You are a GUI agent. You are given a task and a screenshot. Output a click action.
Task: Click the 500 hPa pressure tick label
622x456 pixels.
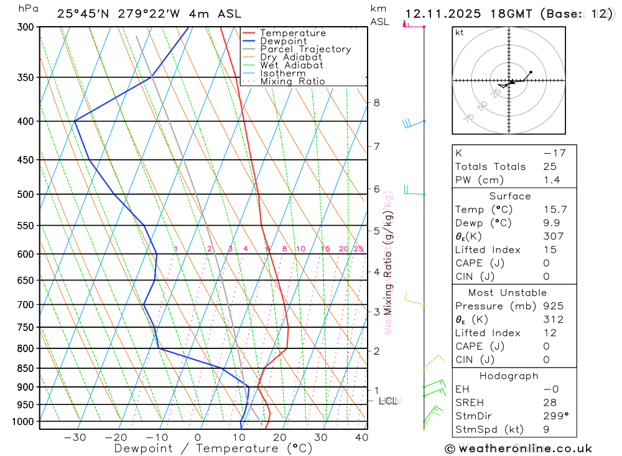tap(27, 194)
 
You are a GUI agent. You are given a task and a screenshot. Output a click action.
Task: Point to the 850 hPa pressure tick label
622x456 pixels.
tap(27, 368)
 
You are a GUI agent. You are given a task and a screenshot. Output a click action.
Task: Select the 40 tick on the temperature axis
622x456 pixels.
tap(361, 437)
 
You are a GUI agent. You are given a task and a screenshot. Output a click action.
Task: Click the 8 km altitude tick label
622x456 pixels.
tap(376, 103)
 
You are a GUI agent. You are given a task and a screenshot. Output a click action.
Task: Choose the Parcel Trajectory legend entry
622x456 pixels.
tap(305, 49)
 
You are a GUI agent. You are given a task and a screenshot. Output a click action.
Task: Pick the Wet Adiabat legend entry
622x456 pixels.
tap(291, 65)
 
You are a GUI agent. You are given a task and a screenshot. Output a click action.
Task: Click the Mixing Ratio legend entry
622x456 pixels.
tap(292, 81)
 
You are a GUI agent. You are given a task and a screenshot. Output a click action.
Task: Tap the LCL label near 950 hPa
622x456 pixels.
tap(388, 401)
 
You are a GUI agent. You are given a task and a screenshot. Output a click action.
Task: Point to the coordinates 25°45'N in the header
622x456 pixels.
tap(83, 14)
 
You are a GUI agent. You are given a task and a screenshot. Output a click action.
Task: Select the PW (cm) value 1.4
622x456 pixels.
tap(551, 180)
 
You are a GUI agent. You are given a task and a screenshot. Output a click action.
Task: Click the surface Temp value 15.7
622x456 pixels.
tap(554, 210)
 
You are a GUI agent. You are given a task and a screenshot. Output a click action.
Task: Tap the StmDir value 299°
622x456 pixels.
tap(555, 416)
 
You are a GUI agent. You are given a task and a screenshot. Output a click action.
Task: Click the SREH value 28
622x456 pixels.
tap(550, 402)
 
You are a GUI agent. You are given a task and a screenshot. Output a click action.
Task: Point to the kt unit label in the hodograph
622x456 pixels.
tap(460, 32)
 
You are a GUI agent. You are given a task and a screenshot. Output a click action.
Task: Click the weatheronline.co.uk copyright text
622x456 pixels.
tap(518, 449)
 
